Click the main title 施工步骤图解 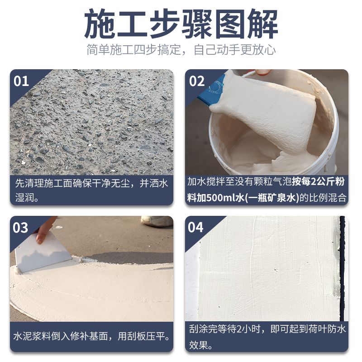(x=181, y=24)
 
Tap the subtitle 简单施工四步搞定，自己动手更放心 (x=181, y=50)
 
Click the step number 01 (x=21, y=81)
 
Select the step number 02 (x=197, y=81)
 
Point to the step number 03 (x=20, y=228)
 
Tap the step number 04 (x=195, y=228)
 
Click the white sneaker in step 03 (x=157, y=221)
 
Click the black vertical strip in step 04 (x=343, y=268)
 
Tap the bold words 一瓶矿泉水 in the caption (x=271, y=198)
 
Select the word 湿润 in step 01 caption (x=24, y=198)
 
